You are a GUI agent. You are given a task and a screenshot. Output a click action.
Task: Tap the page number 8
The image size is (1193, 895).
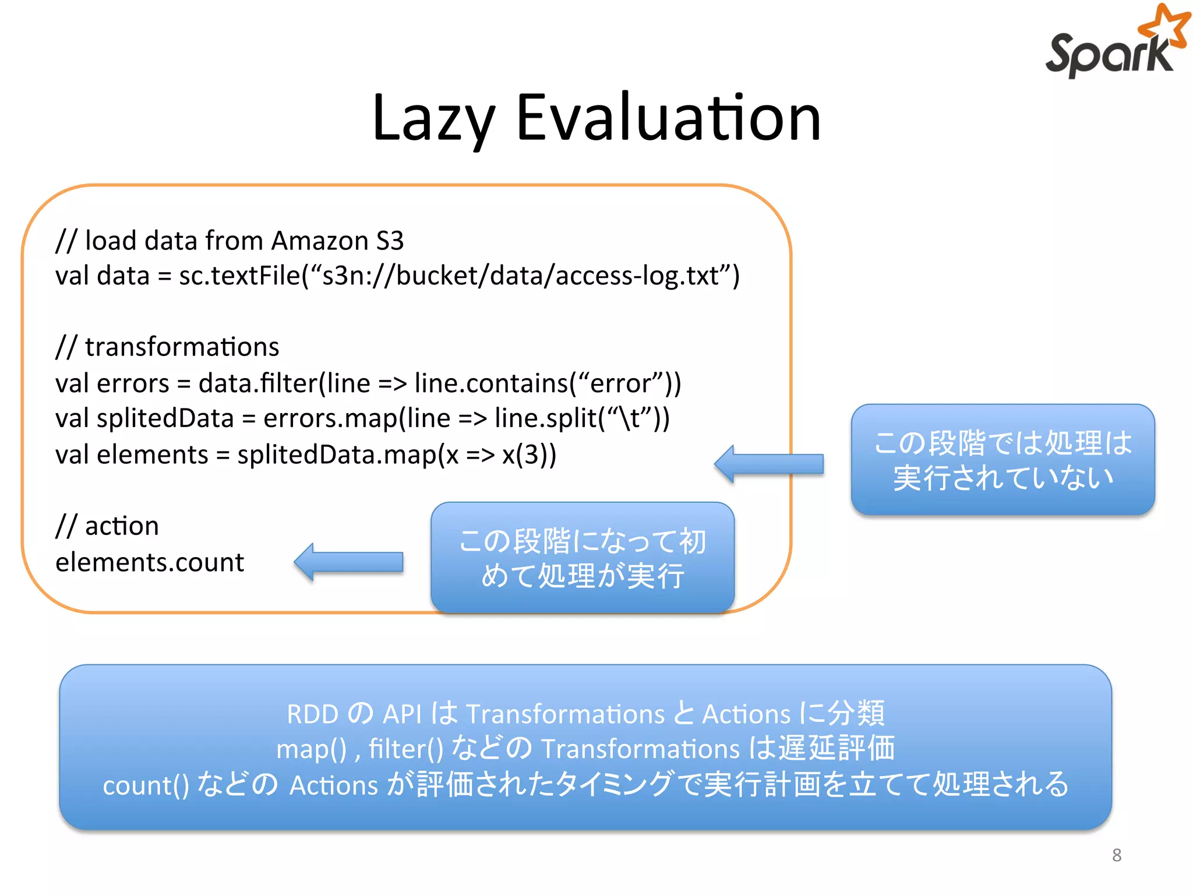point(1116,855)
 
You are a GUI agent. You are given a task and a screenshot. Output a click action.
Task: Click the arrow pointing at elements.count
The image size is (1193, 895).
point(348,562)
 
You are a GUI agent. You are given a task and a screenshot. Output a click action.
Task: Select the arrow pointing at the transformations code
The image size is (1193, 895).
point(768,464)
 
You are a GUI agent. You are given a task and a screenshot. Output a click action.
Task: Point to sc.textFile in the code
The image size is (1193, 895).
point(239,276)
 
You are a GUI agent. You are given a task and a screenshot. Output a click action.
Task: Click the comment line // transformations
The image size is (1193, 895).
point(168,347)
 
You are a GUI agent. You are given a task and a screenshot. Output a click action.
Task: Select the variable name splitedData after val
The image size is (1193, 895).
point(165,418)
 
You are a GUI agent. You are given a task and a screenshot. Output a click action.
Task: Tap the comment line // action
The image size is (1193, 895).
point(107,526)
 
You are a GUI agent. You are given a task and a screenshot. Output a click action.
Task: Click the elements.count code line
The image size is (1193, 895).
point(150,562)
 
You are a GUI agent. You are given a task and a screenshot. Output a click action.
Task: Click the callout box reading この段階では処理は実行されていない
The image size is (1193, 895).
point(1003,460)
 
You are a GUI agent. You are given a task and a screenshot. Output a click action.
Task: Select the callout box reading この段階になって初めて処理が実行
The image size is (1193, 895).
point(582,558)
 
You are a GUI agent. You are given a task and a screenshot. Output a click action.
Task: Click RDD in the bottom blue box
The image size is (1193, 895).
point(312,714)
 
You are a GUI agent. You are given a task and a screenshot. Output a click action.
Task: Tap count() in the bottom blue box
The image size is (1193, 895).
point(146,785)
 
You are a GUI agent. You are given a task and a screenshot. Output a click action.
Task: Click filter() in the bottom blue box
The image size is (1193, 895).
point(406,749)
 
